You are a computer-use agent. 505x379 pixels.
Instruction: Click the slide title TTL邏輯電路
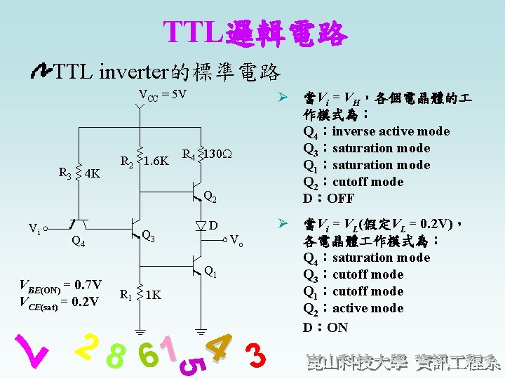point(254,32)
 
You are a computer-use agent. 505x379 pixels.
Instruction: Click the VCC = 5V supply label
point(162,95)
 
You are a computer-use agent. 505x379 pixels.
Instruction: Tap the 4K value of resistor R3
point(92,173)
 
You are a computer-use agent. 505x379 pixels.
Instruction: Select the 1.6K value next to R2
point(156,161)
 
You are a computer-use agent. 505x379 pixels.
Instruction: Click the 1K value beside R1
point(154,295)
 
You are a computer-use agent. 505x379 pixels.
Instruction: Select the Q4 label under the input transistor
point(79,244)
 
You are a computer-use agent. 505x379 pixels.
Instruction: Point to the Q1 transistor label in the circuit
point(210,272)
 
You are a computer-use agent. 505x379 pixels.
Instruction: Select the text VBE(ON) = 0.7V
point(62,285)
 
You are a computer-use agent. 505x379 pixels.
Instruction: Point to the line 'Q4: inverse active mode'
point(376,131)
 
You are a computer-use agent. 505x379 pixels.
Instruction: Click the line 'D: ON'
point(325,327)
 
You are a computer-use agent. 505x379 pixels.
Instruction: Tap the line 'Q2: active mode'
point(353,308)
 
